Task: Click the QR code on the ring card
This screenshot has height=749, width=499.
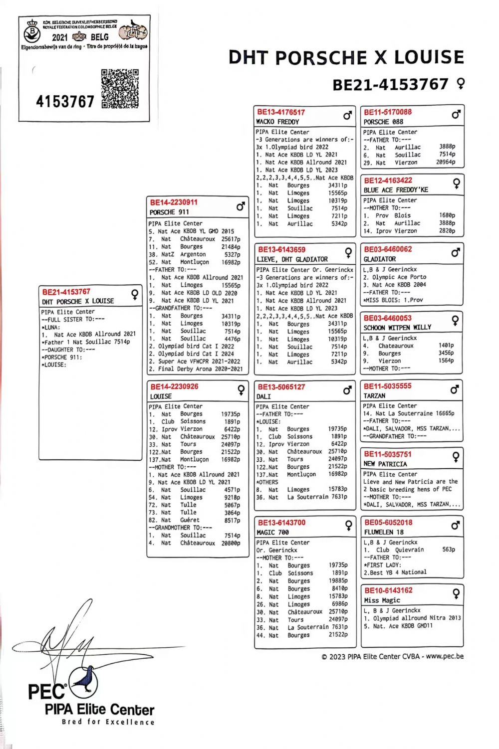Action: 120,88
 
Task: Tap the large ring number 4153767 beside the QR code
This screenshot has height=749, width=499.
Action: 65,102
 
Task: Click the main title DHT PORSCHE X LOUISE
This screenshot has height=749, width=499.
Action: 346,58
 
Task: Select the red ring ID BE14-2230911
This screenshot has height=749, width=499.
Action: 174,202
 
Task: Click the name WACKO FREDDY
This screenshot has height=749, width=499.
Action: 277,122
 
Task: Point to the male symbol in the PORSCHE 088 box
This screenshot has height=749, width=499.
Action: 456,115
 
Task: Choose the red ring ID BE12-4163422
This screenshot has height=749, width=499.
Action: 388,181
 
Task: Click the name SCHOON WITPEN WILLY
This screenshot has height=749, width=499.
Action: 397,328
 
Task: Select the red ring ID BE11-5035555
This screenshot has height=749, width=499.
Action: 388,386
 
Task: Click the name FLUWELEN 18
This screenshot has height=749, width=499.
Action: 384,532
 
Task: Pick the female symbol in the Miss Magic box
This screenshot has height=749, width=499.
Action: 456,593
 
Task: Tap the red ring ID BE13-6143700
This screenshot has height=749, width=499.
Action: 281,523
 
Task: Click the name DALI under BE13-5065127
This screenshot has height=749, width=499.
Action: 263,396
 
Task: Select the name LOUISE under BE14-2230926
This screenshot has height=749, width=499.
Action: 161,396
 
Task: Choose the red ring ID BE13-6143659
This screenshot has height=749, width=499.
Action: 281,249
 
